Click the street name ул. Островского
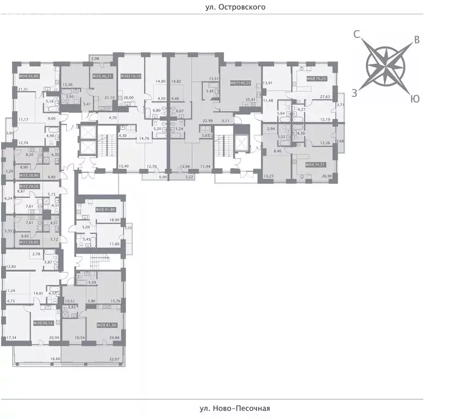click(x=235, y=8)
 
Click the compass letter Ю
click(x=415, y=99)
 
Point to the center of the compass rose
click(x=386, y=66)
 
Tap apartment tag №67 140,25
click(x=240, y=83)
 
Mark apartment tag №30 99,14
click(x=44, y=323)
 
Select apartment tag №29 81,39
click(x=108, y=326)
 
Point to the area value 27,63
click(x=325, y=97)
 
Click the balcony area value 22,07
click(x=114, y=358)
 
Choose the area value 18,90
click(x=114, y=219)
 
